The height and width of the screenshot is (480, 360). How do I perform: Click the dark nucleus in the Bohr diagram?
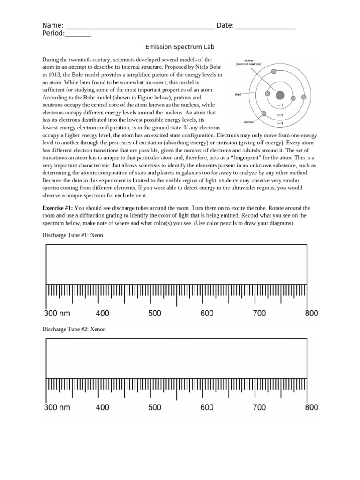[x=280, y=96]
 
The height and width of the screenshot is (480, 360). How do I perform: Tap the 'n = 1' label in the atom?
[x=280, y=105]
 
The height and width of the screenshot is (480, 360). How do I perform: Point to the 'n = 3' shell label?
[x=280, y=123]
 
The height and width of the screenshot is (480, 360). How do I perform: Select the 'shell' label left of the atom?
[x=238, y=94]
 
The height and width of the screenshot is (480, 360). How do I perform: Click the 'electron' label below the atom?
[x=248, y=122]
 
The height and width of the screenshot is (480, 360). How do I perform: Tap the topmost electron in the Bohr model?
[x=274, y=72]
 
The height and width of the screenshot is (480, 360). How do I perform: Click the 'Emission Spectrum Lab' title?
[x=180, y=47]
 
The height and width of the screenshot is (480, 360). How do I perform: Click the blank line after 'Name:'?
[x=139, y=26]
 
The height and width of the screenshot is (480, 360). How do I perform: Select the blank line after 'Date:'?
[x=264, y=26]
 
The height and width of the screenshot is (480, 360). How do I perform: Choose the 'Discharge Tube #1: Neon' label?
[x=73, y=235]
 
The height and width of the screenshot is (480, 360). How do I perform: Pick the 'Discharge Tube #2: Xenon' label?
[x=74, y=329]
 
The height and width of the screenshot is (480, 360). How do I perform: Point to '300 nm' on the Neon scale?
[x=57, y=314]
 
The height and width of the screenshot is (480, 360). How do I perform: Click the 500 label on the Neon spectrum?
[x=155, y=314]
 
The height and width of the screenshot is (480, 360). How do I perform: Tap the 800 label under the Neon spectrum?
[x=311, y=314]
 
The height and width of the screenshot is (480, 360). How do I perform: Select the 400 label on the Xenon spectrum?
[x=102, y=407]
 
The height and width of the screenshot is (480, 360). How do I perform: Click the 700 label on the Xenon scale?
[x=259, y=407]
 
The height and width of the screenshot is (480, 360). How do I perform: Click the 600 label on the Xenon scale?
[x=207, y=407]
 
